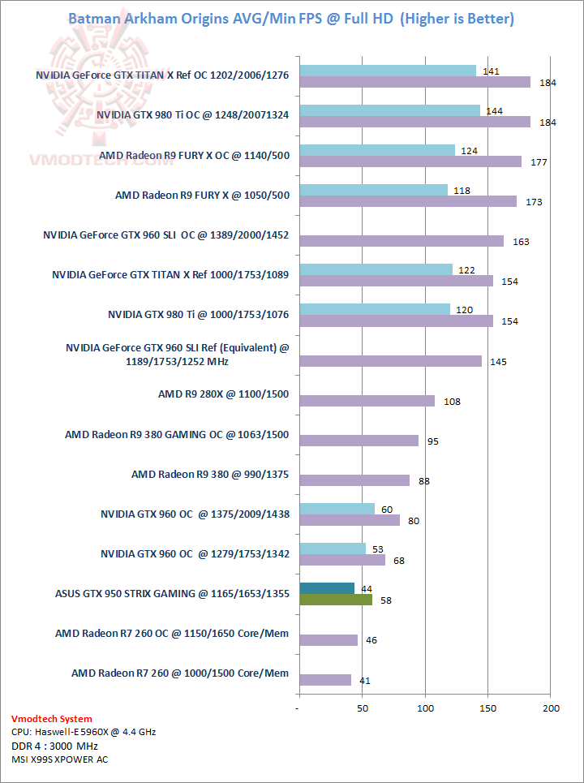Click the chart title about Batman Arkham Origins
[x=291, y=19]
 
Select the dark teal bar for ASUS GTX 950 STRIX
[x=327, y=587]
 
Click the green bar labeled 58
[x=336, y=600]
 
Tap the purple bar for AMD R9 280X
[x=367, y=401]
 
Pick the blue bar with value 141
[x=388, y=71]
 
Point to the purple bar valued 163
[x=401, y=241]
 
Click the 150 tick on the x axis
[x=487, y=708]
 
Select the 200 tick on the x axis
[x=551, y=708]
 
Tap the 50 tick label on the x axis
[x=362, y=708]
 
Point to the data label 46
[x=371, y=640]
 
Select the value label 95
[x=433, y=441]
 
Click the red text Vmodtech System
[x=52, y=719]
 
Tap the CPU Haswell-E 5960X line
[x=84, y=732]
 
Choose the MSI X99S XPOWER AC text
[x=59, y=759]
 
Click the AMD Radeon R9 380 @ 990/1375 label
[x=210, y=474]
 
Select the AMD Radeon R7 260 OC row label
[x=172, y=633]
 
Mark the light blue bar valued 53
[x=333, y=548]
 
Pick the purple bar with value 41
[x=325, y=680]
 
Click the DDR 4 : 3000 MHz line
[x=54, y=746]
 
